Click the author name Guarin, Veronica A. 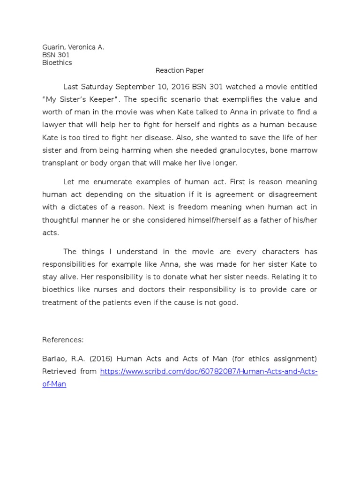click(73, 47)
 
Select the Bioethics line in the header click(57, 62)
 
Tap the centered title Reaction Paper click(180, 71)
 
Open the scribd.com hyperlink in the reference click(209, 372)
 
